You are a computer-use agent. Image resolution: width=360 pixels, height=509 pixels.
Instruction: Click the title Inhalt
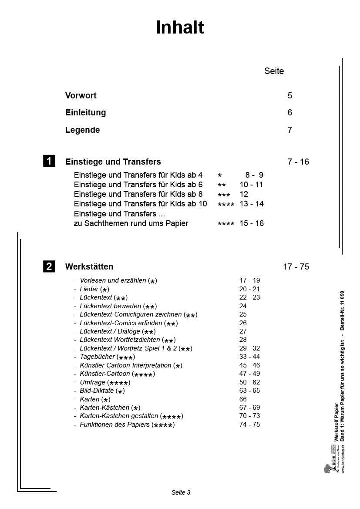[180, 28]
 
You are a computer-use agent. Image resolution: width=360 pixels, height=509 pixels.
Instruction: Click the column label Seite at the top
[274, 71]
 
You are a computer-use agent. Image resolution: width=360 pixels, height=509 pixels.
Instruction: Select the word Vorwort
[81, 95]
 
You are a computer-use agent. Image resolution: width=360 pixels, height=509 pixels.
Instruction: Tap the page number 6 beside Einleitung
[289, 112]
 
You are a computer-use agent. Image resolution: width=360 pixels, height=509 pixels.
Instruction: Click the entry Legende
[83, 130]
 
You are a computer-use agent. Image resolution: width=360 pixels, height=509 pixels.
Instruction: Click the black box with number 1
[49, 161]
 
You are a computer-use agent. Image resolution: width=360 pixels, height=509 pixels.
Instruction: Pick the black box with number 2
[49, 266]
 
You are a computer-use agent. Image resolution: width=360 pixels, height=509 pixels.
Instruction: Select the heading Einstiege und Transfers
[113, 162]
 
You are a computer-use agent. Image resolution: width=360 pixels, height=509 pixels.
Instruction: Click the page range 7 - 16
[298, 162]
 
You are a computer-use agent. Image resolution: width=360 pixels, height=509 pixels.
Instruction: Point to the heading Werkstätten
[89, 266]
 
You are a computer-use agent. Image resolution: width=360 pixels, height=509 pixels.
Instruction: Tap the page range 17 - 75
[296, 266]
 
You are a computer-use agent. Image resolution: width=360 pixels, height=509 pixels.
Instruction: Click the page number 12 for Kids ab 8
[244, 194]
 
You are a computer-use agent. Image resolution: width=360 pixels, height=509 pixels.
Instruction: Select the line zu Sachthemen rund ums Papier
[131, 223]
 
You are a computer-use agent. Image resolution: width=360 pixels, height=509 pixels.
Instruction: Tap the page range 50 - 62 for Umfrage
[249, 382]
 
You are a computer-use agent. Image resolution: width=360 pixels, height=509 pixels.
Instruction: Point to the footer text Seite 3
[181, 492]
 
